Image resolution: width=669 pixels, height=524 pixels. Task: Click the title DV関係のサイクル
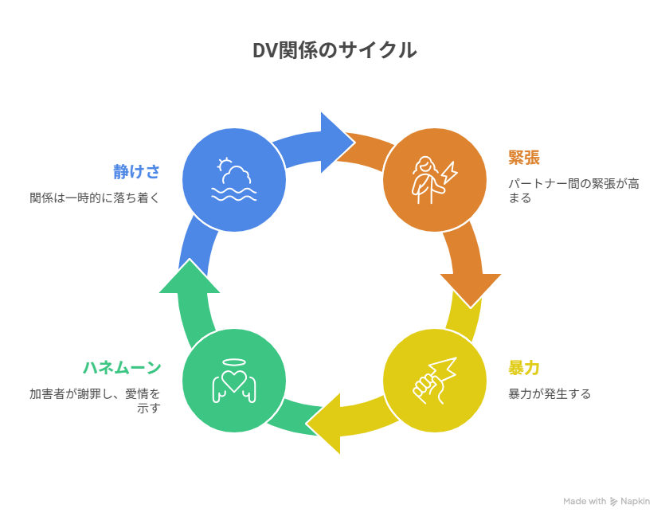click(x=334, y=50)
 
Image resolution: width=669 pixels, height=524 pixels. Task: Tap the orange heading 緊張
click(x=524, y=157)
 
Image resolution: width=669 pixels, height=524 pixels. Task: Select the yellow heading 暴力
click(x=524, y=368)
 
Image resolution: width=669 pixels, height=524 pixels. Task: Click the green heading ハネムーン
click(x=122, y=368)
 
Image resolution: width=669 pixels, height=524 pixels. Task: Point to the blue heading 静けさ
click(x=136, y=171)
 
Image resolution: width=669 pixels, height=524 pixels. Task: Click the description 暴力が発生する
click(x=550, y=393)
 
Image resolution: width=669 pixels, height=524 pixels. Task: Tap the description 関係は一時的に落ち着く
click(x=95, y=197)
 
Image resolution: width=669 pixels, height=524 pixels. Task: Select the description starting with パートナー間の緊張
click(x=573, y=190)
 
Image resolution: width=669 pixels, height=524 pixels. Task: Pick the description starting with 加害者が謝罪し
click(x=95, y=401)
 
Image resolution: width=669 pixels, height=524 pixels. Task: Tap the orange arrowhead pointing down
click(x=471, y=287)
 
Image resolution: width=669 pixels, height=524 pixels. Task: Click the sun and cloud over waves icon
click(x=233, y=179)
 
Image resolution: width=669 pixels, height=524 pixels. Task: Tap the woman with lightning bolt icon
click(x=435, y=179)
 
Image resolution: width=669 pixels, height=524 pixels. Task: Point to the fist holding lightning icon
click(x=435, y=380)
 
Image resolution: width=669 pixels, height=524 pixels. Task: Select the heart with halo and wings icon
click(x=233, y=380)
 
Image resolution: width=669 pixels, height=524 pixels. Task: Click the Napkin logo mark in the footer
click(x=614, y=502)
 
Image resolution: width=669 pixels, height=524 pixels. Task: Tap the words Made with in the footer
click(x=585, y=502)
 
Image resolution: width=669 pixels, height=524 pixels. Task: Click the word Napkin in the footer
click(x=636, y=502)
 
